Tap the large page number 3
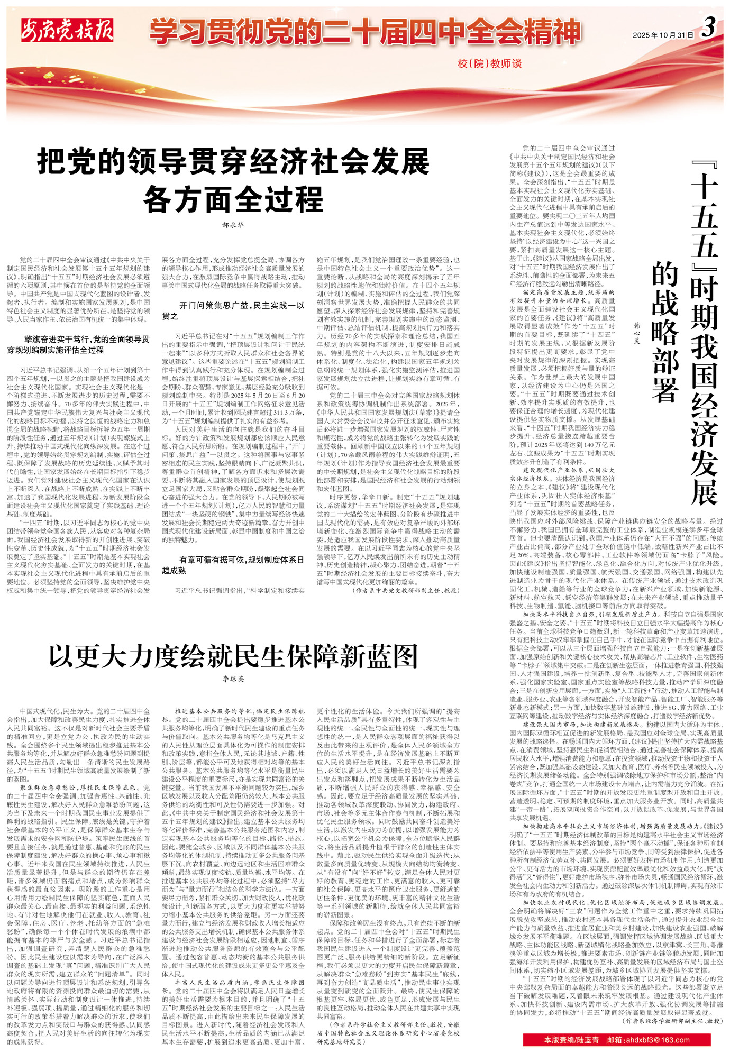(709, 28)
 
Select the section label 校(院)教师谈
(489, 64)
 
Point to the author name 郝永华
(233, 225)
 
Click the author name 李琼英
(233, 679)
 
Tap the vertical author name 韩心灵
(637, 333)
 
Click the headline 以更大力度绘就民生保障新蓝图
(233, 656)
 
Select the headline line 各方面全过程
(233, 199)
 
